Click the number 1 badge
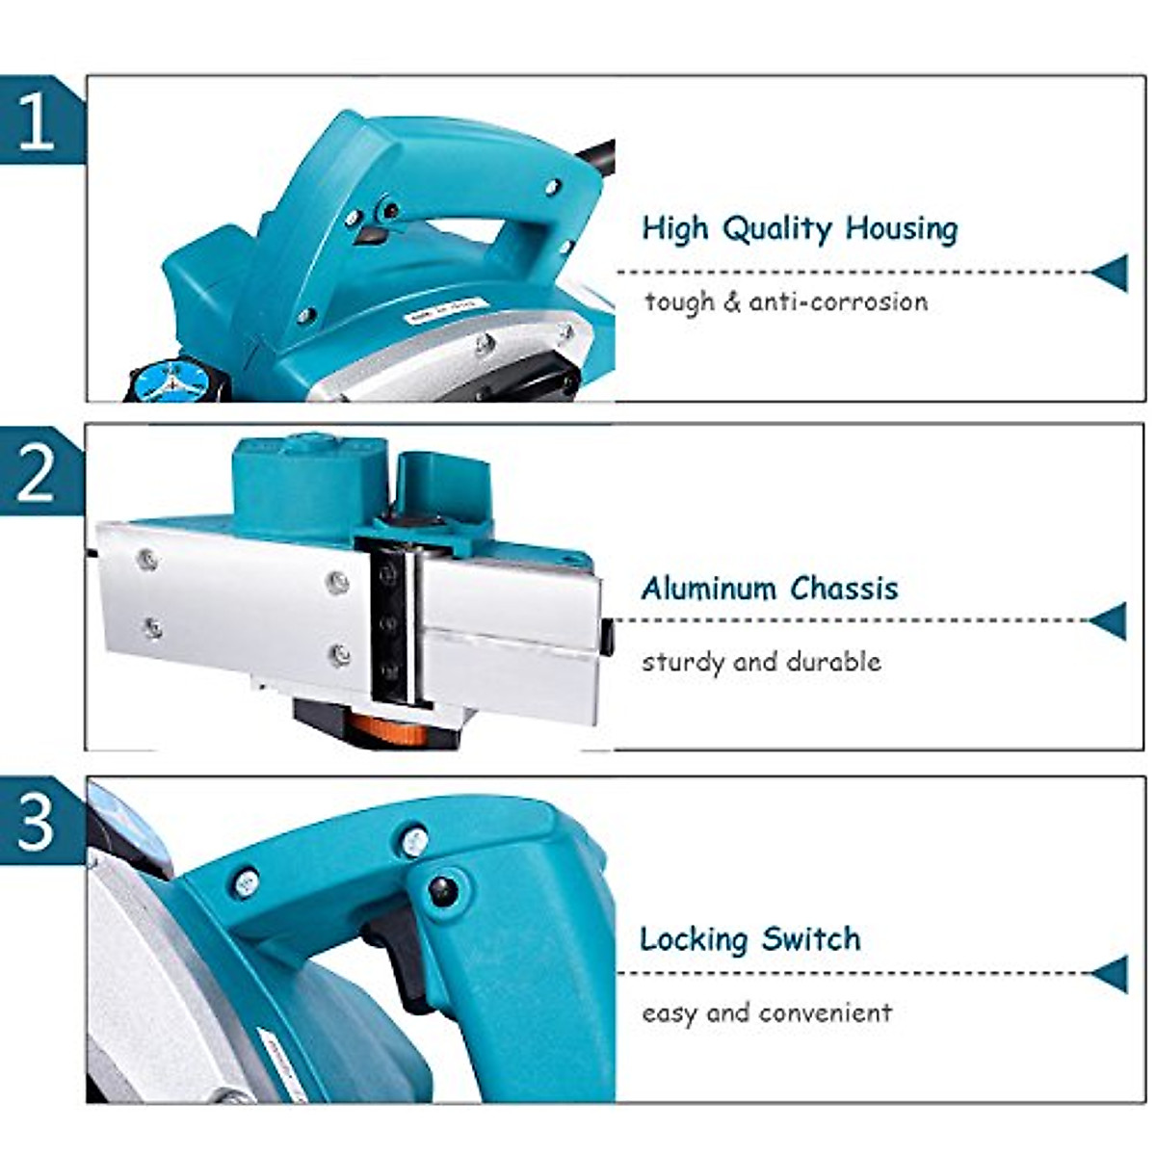coord(37,121)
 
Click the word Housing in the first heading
coord(902,229)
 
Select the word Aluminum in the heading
coord(708,588)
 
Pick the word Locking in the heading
coord(694,938)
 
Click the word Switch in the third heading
coord(811,938)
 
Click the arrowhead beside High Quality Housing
coord(1110,273)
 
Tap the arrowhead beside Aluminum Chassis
coord(1110,621)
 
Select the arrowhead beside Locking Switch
coord(1110,973)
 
